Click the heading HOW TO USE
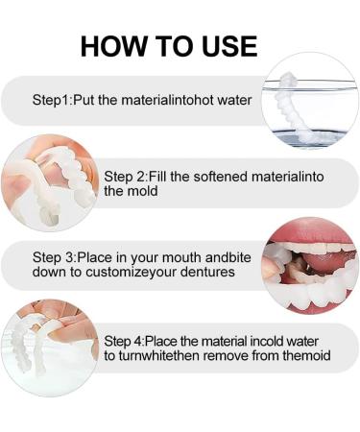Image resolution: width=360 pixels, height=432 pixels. pos(168,45)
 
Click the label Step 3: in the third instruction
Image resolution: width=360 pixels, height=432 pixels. pos(55,257)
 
